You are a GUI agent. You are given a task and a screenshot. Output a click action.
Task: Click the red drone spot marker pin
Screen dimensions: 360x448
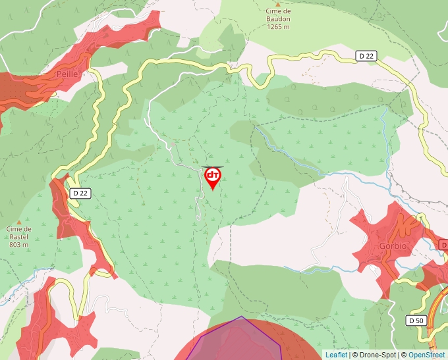tap(213, 177)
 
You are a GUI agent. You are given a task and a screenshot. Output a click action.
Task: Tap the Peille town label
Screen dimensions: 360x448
tap(67, 74)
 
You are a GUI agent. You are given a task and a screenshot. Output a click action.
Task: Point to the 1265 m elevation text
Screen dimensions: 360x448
tap(278, 28)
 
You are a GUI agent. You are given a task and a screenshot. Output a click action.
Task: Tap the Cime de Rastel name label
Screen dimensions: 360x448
tap(19, 233)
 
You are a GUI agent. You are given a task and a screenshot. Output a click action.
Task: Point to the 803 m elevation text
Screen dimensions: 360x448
tap(19, 245)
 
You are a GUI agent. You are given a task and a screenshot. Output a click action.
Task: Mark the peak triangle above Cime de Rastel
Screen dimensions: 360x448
tap(19, 222)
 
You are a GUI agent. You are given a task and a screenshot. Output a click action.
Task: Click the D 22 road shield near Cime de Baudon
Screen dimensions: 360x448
tap(367, 56)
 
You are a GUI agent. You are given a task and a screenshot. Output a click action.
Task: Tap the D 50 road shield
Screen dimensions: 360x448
tap(416, 321)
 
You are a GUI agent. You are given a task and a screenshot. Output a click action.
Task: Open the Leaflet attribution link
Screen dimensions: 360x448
tap(336, 355)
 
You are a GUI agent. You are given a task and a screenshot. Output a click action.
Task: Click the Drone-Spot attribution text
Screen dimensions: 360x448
tap(376, 355)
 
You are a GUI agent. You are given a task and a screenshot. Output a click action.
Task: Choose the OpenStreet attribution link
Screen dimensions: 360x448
tap(428, 355)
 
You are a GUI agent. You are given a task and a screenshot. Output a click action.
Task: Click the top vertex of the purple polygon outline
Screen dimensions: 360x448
tap(242, 317)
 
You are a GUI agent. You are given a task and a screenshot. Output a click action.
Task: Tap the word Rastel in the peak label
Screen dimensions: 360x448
tap(19, 237)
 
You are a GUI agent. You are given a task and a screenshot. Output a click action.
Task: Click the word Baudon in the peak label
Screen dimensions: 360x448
tap(278, 20)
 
